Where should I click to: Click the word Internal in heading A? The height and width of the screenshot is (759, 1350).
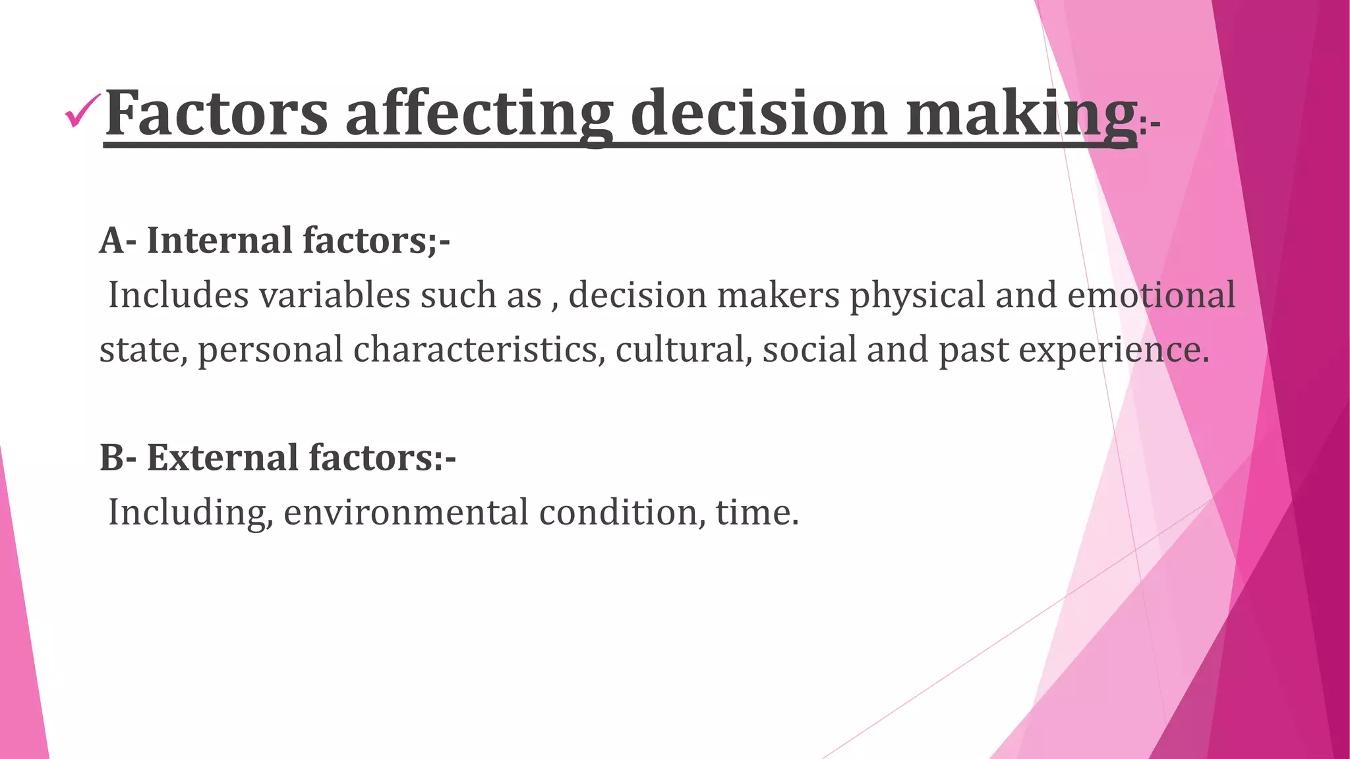pos(220,240)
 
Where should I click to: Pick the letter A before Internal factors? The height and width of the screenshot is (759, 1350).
pos(111,240)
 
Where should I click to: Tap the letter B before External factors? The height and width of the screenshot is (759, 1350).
pos(111,458)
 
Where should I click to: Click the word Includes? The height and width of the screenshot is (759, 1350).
pos(178,295)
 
